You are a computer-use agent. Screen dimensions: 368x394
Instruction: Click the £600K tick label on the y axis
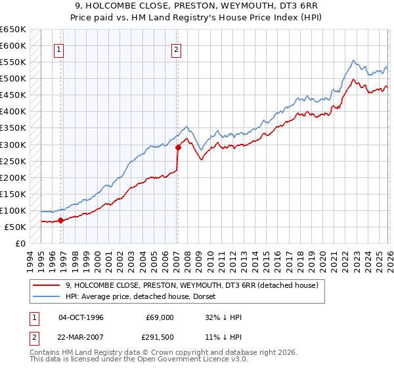13,46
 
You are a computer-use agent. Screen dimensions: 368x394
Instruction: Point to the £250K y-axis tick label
13,161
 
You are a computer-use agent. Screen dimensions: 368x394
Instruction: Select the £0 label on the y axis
20,243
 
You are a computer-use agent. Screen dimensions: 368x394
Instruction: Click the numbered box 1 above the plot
59,49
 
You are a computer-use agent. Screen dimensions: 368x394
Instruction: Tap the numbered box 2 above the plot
177,49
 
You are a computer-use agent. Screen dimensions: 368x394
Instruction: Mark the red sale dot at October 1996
61,220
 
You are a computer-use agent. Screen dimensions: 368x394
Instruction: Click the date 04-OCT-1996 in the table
81,317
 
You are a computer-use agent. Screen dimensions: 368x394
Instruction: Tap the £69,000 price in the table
160,317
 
